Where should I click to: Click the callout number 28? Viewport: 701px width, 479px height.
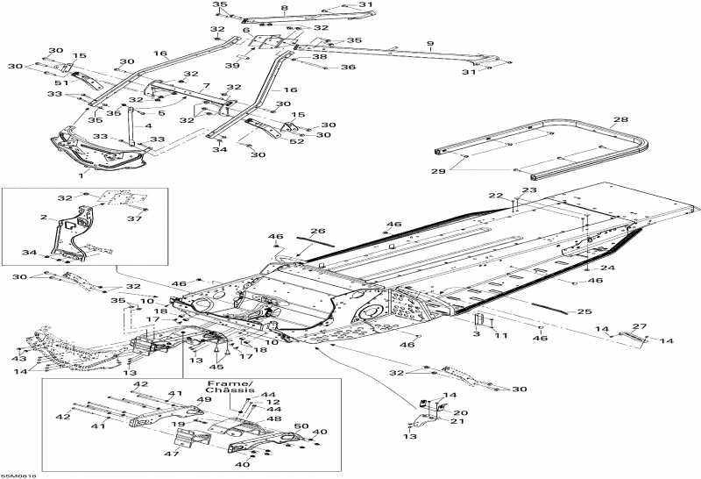pos(620,119)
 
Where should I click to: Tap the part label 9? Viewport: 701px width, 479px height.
pos(430,44)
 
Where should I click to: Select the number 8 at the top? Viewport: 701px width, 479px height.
pos(284,8)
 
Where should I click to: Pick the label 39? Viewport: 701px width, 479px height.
pos(233,66)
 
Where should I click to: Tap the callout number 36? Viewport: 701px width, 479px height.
pos(348,68)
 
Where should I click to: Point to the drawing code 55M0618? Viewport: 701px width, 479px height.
pos(18,473)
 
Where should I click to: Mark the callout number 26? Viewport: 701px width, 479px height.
pos(318,232)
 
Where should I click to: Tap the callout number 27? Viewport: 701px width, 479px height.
pos(640,326)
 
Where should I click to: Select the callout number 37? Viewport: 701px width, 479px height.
pos(135,219)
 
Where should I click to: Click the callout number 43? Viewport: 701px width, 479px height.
pos(19,358)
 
